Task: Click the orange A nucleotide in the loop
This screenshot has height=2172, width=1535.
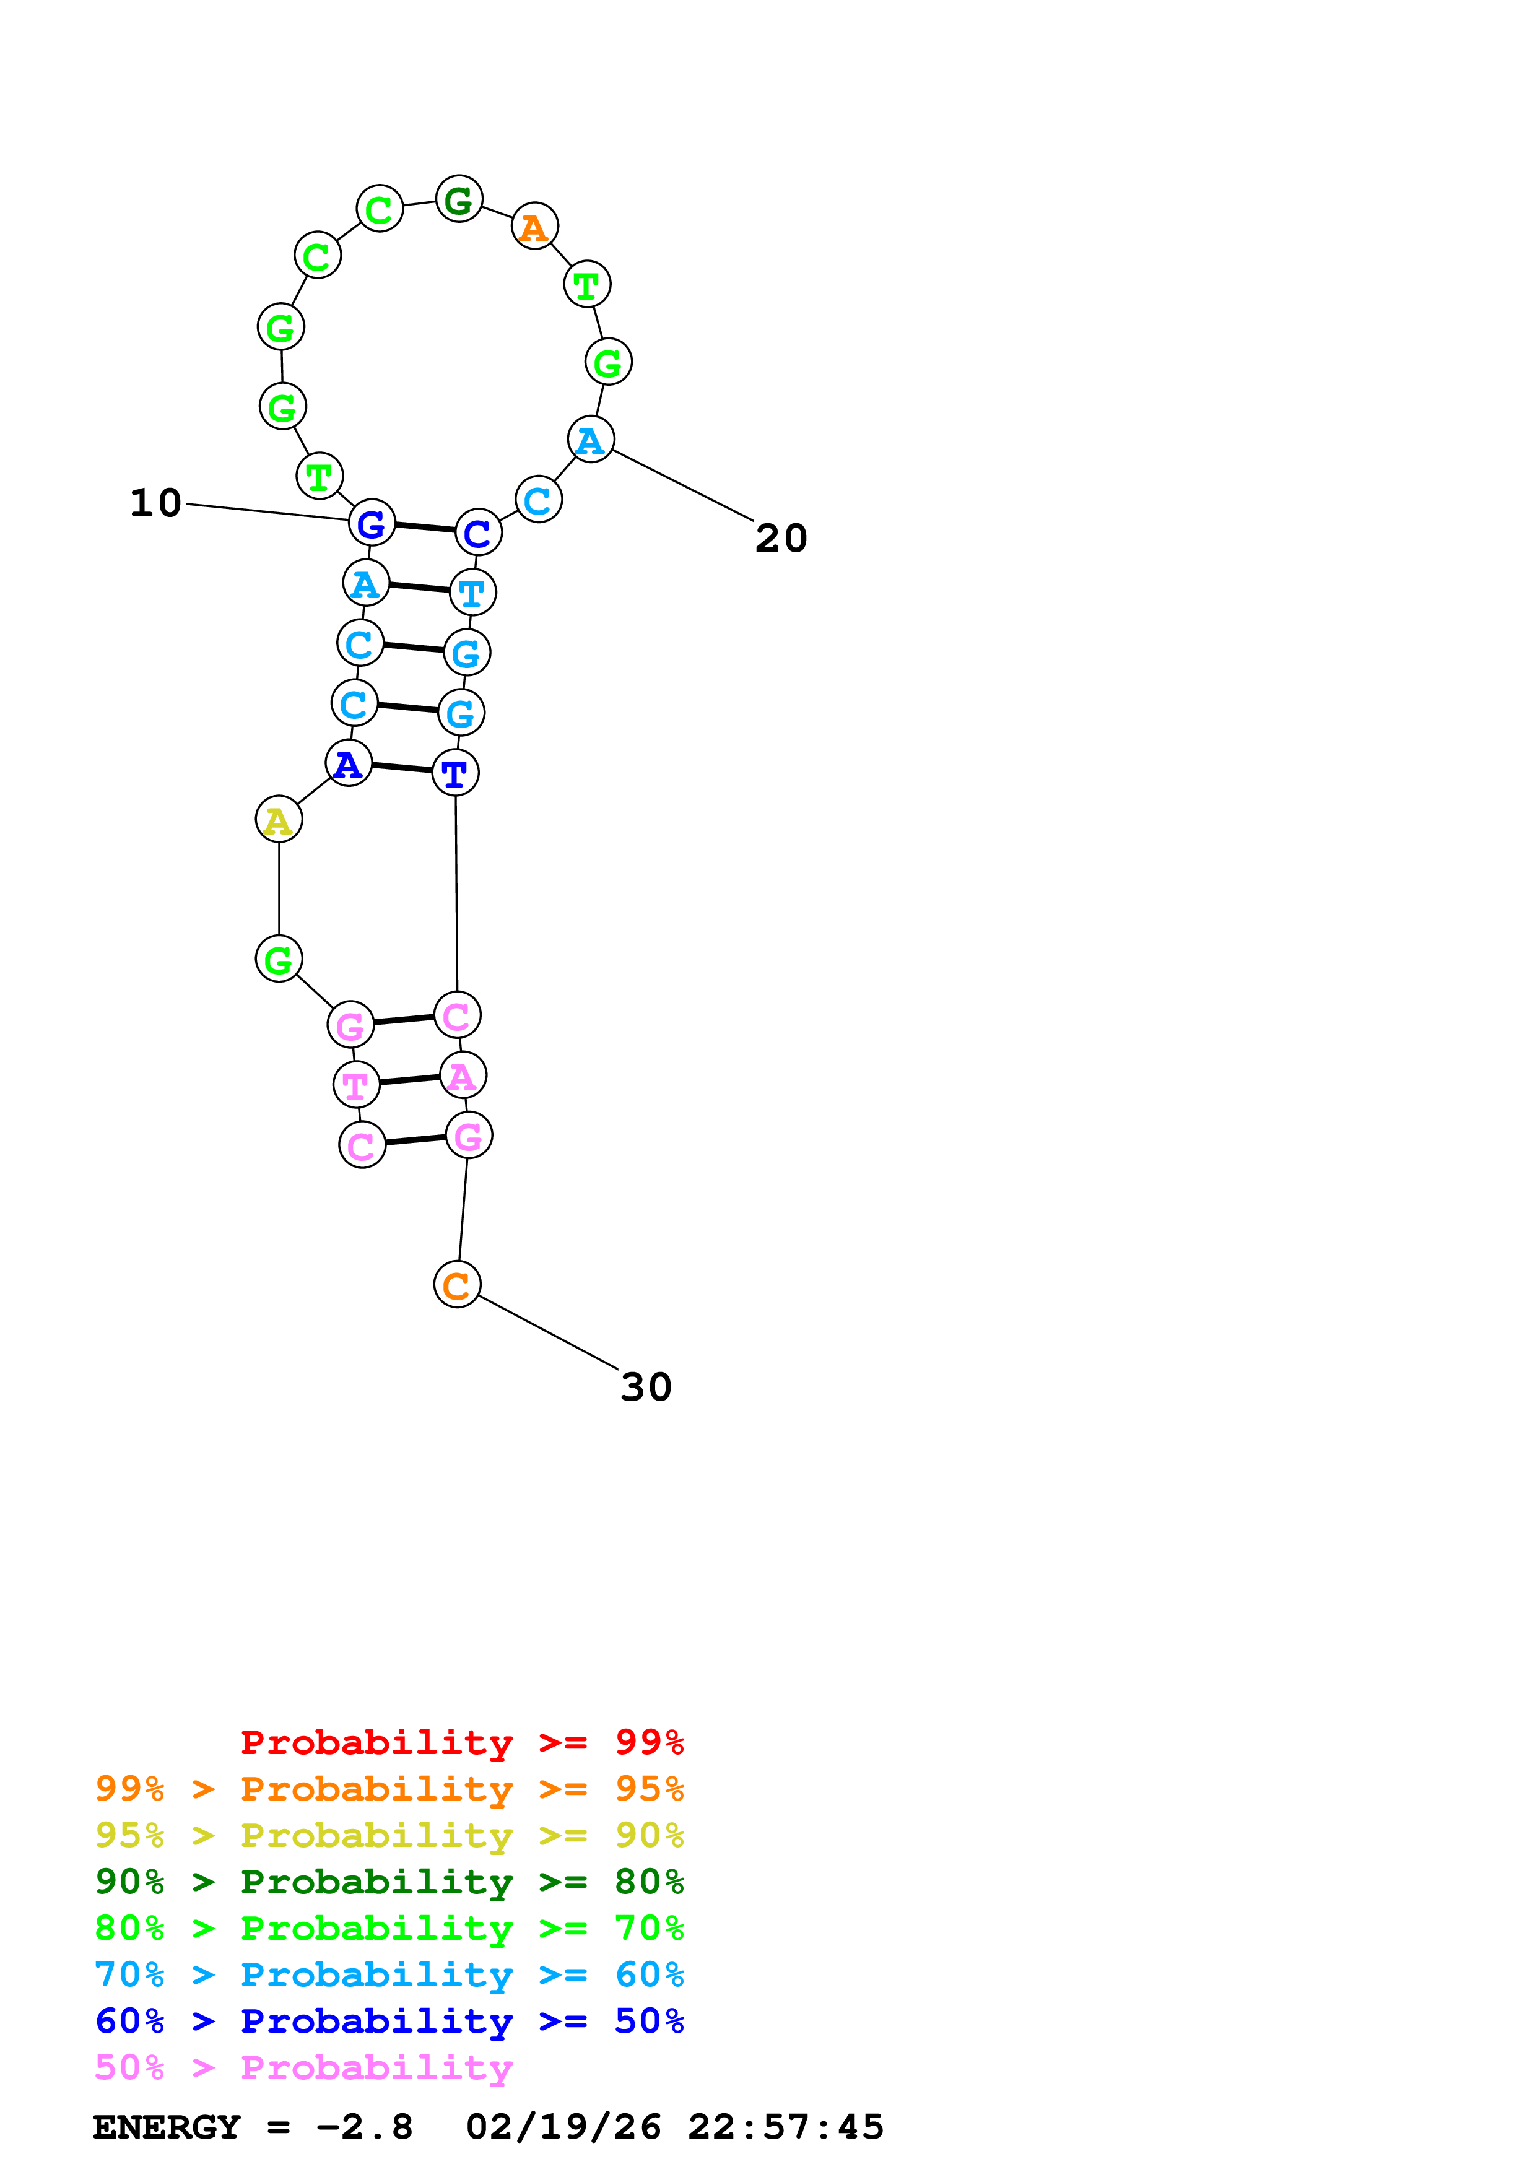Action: point(534,227)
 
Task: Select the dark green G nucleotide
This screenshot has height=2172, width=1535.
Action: point(459,199)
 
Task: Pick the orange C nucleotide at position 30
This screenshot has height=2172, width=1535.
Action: point(457,1285)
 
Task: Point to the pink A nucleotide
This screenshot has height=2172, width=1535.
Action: point(463,1075)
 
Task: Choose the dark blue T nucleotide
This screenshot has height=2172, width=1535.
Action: point(455,774)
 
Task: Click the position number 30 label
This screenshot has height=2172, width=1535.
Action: point(646,1388)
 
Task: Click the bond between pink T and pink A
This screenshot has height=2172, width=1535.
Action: point(409,1080)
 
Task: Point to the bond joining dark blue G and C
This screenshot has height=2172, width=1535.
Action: point(425,527)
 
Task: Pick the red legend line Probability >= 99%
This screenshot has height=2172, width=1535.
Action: point(461,1742)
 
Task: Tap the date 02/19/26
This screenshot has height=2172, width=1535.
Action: point(563,2127)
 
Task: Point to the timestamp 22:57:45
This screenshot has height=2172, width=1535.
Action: point(786,2127)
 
